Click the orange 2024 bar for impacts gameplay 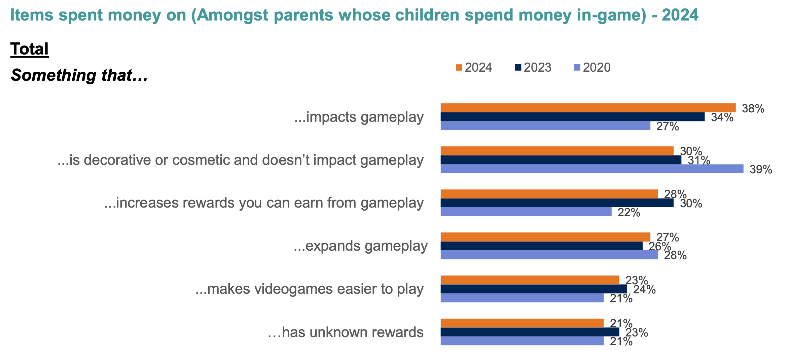point(588,108)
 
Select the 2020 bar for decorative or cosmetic point(592,169)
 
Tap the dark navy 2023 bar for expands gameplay point(541,246)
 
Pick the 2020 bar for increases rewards point(526,212)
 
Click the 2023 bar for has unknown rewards point(530,332)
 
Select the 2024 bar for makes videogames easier point(530,280)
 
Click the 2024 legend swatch point(459,68)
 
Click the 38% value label point(753,109)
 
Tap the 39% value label point(761,170)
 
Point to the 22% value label point(629,213)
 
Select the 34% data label point(722,117)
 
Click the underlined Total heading point(30,49)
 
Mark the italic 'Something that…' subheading point(79,75)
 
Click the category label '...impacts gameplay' point(359,117)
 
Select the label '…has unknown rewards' point(346,332)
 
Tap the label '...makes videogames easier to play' point(309,289)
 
